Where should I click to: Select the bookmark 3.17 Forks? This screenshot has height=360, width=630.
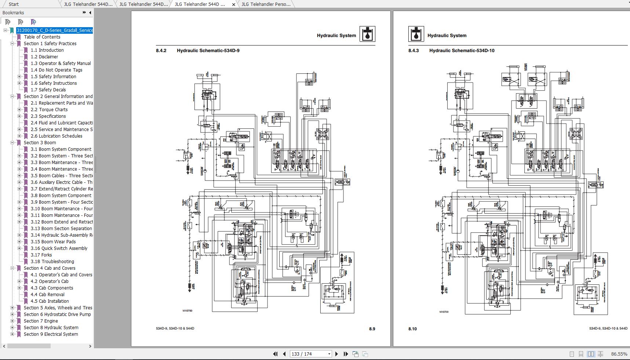pyautogui.click(x=46, y=255)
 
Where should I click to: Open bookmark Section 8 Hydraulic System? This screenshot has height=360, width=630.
pyautogui.click(x=51, y=328)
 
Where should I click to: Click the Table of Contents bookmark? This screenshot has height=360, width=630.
pyautogui.click(x=42, y=37)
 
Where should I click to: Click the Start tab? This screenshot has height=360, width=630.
pyautogui.click(x=14, y=4)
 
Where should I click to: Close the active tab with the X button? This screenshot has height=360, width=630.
pyautogui.click(x=234, y=5)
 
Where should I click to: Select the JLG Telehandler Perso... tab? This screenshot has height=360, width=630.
pyautogui.click(x=266, y=4)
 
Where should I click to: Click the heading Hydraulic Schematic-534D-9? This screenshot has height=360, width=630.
pyautogui.click(x=208, y=51)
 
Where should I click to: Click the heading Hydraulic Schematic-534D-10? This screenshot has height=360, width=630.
pyautogui.click(x=462, y=51)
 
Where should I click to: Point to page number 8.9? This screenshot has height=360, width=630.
pyautogui.click(x=372, y=329)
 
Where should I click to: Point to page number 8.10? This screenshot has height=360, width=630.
pyautogui.click(x=412, y=329)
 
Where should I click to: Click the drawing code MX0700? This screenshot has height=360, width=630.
pyautogui.click(x=187, y=311)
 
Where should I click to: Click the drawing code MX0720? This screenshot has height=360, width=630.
pyautogui.click(x=444, y=312)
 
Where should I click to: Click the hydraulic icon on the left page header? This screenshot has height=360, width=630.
pyautogui.click(x=367, y=34)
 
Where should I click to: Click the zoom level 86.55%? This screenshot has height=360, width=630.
pyautogui.click(x=619, y=354)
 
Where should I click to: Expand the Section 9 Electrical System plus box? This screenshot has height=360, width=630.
pyautogui.click(x=12, y=334)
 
